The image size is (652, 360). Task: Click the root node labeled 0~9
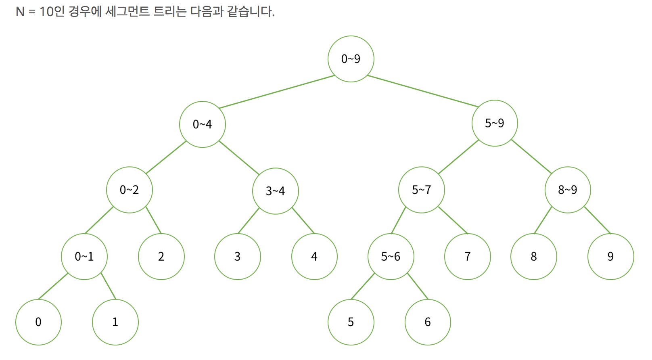coord(351,59)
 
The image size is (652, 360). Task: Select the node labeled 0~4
coord(202,124)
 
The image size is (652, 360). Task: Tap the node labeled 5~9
coord(495,123)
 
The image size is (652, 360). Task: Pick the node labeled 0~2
coord(129,190)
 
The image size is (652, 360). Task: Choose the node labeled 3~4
coord(275,191)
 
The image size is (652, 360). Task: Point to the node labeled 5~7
coord(421,190)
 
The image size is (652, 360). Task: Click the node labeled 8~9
coord(568,190)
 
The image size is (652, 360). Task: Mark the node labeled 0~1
coord(84,256)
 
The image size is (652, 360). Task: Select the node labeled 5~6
coord(391,256)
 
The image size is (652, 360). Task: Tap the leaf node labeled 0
coord(38,322)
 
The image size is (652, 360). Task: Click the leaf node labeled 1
coord(115,322)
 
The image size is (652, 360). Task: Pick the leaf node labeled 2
coord(161,256)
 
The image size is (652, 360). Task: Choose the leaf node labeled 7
coord(467,256)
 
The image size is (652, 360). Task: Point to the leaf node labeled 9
coord(610,256)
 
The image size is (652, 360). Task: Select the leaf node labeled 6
coord(428,322)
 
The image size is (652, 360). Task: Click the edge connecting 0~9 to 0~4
coord(277,92)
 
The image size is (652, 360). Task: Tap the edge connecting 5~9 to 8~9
coord(531,156)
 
